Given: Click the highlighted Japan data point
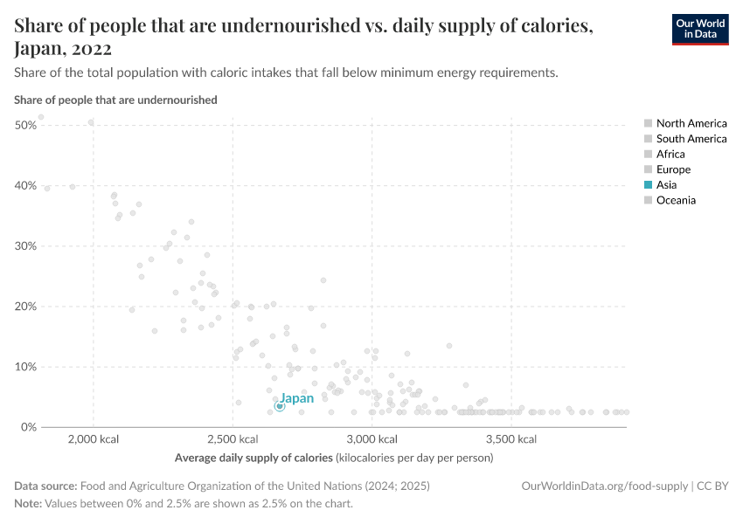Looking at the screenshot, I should point(280,406).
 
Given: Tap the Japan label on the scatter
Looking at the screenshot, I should point(296,398).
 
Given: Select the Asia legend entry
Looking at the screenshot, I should point(666,185).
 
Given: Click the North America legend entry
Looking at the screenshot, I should point(691,124).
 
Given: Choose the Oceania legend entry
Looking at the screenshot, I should point(676,200).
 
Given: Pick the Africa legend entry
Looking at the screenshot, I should point(670,155).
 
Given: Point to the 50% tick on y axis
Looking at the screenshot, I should point(25,126).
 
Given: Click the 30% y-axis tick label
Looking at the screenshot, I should point(25,246).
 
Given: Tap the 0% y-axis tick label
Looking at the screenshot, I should point(28,427).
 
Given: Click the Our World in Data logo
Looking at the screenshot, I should point(699,29).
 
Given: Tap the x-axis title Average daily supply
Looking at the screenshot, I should point(253,458).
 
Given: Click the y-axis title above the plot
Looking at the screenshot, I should point(115,100).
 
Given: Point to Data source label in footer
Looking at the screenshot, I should point(45,486).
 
